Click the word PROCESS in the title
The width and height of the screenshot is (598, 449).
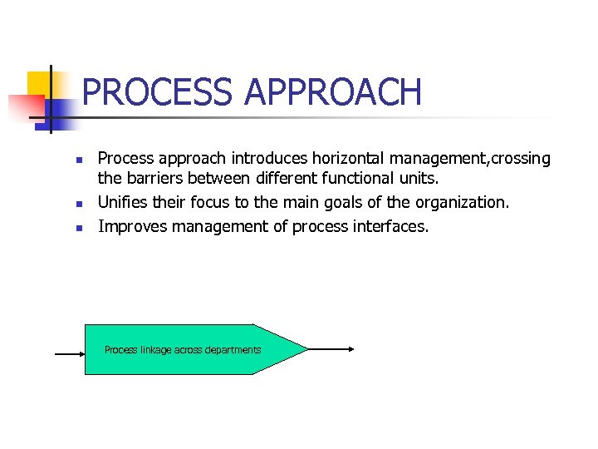pos(159,92)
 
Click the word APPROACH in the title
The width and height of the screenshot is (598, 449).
pos(333,92)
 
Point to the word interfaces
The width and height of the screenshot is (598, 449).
pos(393,225)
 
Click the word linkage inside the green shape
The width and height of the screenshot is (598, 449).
pos(155,350)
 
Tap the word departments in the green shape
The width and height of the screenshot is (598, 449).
pos(233,350)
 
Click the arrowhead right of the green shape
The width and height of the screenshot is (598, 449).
pos(350,349)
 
